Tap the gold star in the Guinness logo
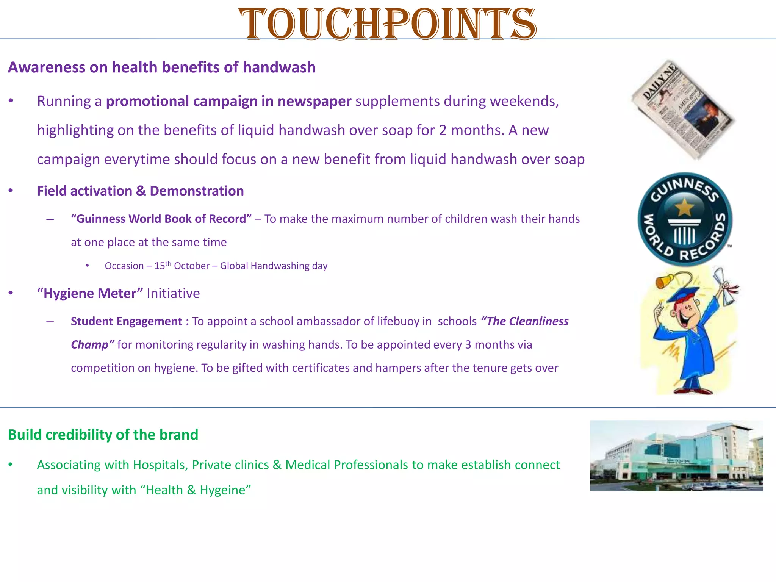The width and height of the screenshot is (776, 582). coord(684,207)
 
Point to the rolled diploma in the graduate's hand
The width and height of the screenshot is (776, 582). coord(726,286)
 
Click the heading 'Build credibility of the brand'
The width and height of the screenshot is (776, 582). coord(103,435)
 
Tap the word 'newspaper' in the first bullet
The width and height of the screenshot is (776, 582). coord(314,101)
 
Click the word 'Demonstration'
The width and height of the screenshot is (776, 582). coord(197,191)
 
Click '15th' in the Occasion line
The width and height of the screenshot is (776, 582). coord(163,265)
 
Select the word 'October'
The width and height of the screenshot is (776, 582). coord(192,266)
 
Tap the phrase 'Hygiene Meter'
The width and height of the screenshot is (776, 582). coord(90,294)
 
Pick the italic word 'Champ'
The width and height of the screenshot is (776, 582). coord(90,345)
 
